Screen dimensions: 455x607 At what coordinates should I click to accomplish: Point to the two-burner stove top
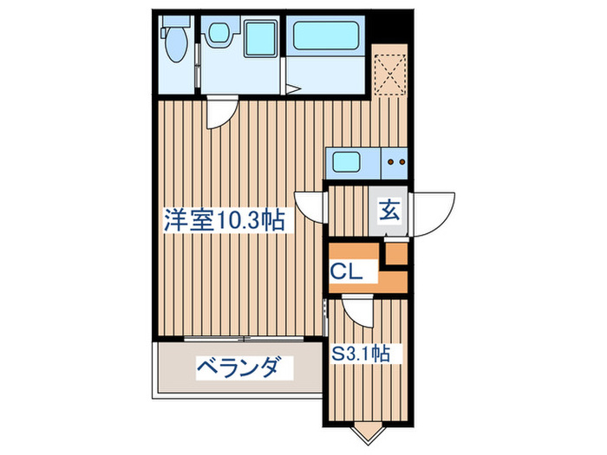pyautogui.click(x=395, y=161)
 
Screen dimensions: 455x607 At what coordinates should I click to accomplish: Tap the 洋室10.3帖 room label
pyautogui.click(x=225, y=220)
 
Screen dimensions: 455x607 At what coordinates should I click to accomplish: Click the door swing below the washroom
pyautogui.click(x=222, y=114)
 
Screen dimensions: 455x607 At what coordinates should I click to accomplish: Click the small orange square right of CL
pyautogui.click(x=395, y=254)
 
